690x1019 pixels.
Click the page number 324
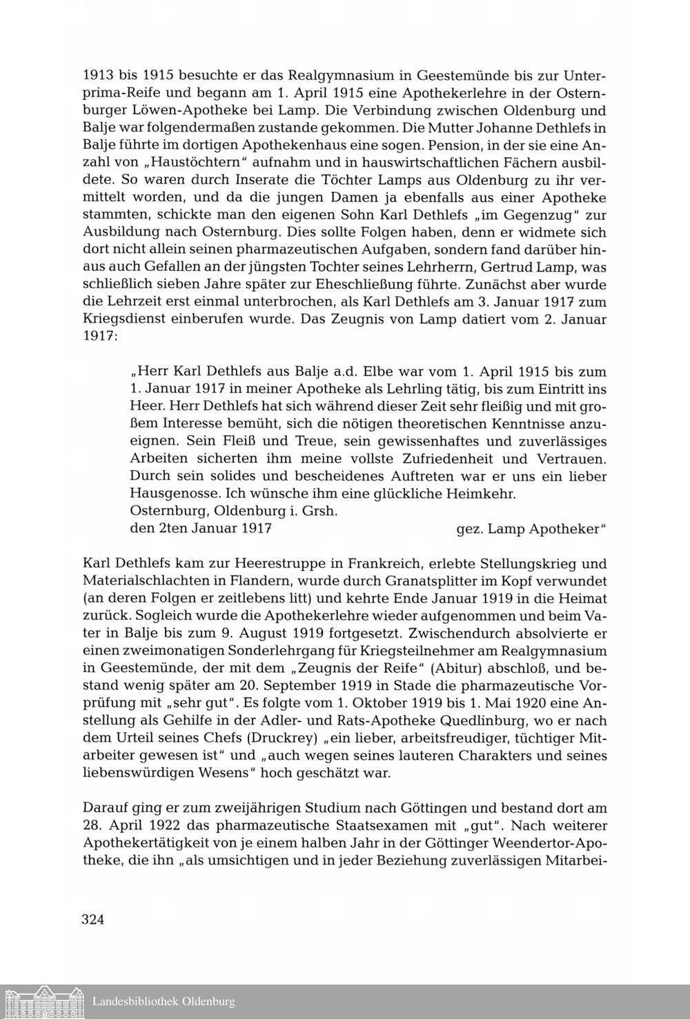click(x=93, y=919)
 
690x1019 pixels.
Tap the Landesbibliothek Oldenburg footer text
click(x=164, y=1002)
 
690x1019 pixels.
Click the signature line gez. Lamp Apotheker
click(x=531, y=529)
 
